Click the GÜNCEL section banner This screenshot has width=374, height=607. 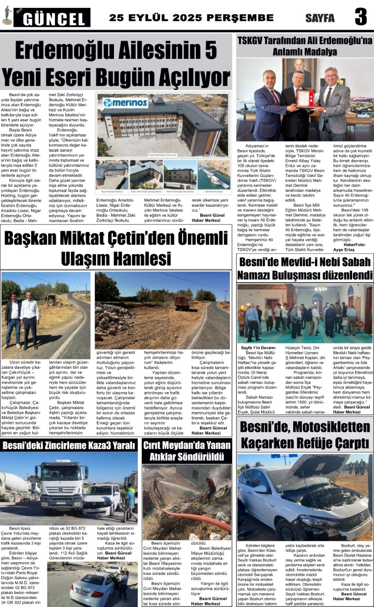click(52, 18)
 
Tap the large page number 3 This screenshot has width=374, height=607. click(360, 18)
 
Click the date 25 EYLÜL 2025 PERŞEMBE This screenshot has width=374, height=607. click(191, 18)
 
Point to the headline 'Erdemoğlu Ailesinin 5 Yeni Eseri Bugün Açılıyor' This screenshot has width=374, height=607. click(116, 63)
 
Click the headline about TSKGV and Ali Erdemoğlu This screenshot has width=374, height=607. click(304, 46)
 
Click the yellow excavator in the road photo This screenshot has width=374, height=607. click(54, 300)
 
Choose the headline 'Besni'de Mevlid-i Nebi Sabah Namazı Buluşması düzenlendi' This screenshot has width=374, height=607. click(305, 268)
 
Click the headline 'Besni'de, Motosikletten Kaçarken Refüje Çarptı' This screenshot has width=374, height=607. click(304, 436)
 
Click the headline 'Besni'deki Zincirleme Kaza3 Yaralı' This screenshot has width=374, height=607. click(70, 445)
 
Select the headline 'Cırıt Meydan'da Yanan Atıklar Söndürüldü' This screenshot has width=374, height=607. click(187, 451)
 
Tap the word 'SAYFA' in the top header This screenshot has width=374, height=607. click(320, 18)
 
